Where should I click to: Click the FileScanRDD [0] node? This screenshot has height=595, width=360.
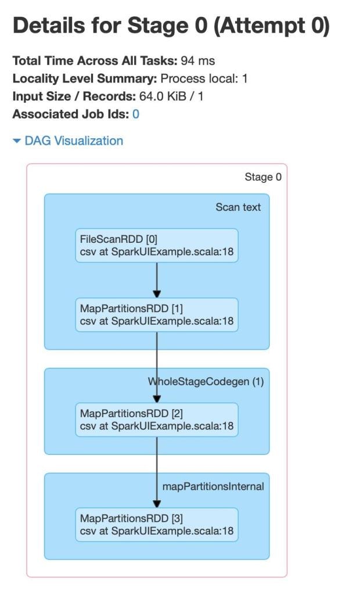click(157, 246)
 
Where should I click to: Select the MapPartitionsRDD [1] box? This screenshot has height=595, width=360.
click(157, 315)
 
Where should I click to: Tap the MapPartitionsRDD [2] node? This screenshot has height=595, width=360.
click(157, 420)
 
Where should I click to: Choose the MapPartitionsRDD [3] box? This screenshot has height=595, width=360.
click(157, 525)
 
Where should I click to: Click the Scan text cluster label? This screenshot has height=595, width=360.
click(238, 207)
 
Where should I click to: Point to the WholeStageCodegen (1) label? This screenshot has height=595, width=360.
click(206, 381)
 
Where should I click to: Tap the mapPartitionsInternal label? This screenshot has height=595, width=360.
click(213, 486)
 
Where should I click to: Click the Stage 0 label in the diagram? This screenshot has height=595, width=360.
click(263, 177)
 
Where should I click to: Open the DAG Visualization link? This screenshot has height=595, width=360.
click(74, 141)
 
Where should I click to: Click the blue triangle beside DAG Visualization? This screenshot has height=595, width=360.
click(16, 141)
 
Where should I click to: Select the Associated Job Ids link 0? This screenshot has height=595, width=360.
click(136, 114)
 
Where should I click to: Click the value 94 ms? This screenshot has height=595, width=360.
click(197, 60)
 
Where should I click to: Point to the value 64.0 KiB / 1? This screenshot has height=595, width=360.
click(171, 96)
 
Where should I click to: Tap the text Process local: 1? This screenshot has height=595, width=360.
click(204, 78)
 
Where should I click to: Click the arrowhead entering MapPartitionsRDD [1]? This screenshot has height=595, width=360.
click(157, 294)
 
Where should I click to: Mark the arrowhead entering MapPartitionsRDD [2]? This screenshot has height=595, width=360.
click(157, 399)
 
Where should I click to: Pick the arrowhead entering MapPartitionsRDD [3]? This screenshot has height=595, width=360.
click(157, 504)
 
